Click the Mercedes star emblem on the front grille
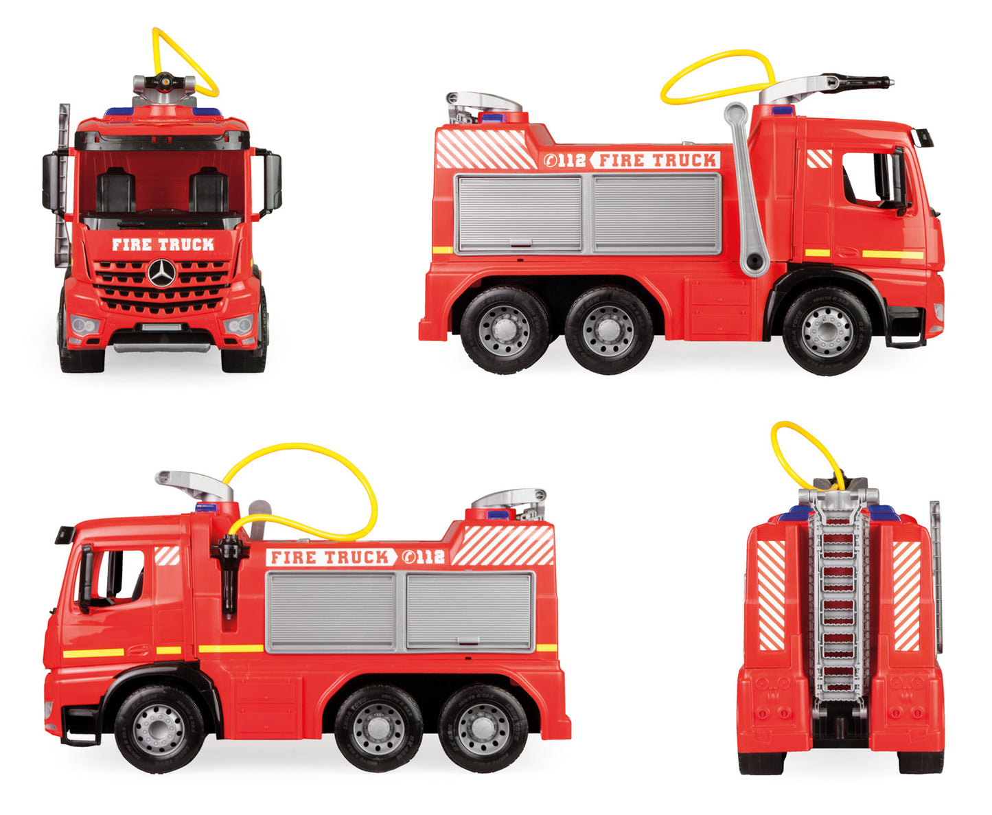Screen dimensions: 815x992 click(x=162, y=273)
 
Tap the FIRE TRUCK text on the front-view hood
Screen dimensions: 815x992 click(x=163, y=244)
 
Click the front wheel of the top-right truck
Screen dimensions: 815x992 click(x=827, y=331)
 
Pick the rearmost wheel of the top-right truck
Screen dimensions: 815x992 click(x=505, y=330)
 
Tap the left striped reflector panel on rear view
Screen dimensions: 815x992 click(x=771, y=595)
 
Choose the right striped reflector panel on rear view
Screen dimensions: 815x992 click(x=906, y=595)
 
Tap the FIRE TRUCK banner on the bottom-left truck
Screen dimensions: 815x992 click(x=331, y=557)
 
